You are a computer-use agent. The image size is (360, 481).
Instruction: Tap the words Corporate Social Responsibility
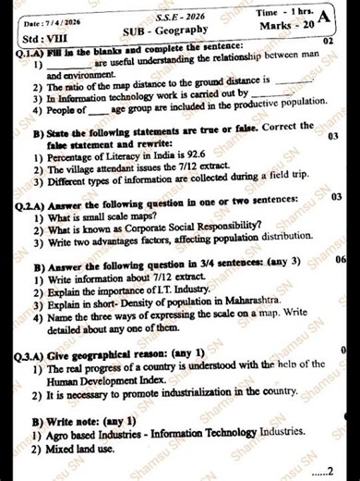tap(168, 228)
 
